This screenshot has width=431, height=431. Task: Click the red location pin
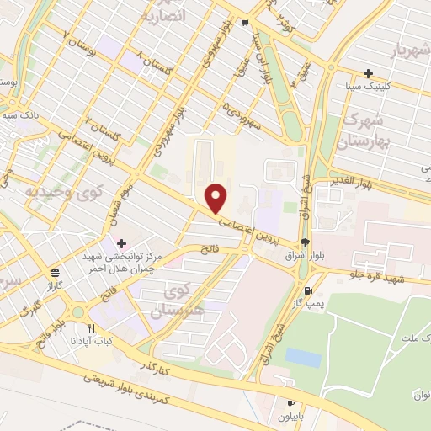pos(217,198)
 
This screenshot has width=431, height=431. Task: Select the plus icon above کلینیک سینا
pos(368,73)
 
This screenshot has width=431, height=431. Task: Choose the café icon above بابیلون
pos(290,404)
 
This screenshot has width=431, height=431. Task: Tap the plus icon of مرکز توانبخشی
pos(123,242)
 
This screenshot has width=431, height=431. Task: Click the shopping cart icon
pos(244,23)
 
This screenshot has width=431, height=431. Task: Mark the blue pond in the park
pos(303,358)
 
